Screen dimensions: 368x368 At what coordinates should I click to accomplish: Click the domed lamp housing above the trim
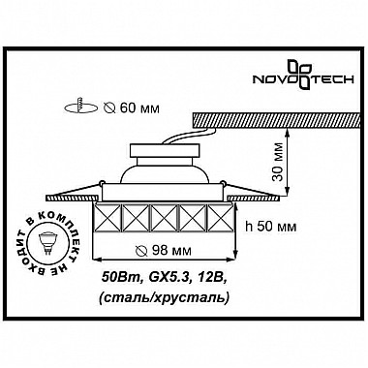click(x=164, y=174)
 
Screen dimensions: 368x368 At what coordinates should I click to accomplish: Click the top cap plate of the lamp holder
click(x=164, y=146)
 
